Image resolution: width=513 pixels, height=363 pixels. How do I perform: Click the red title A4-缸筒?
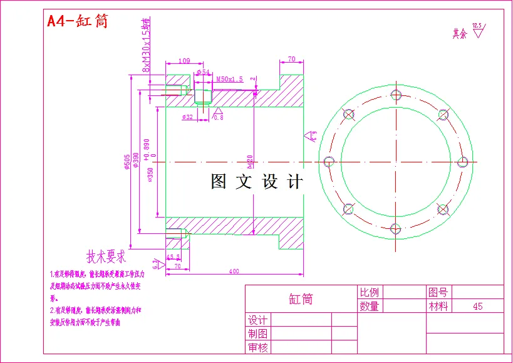pos(78,21)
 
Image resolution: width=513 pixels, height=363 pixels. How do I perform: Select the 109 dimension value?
pos(184,61)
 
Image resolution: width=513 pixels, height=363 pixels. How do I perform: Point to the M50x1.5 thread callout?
pos(229,80)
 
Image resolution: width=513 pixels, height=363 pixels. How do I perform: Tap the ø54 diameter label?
pos(203,73)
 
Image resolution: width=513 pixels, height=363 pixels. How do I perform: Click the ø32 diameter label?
pos(187,117)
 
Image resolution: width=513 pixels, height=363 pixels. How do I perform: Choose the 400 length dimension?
pos(234,271)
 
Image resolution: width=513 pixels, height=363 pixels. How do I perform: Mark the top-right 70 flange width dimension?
pos(291,59)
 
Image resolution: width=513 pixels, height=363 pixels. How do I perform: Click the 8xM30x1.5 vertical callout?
pos(147,44)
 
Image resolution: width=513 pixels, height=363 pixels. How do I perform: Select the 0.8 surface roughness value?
pos(219,118)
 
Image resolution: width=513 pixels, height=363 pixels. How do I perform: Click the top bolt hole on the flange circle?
pos(395,95)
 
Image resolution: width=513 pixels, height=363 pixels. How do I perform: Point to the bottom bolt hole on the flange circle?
pos(395,228)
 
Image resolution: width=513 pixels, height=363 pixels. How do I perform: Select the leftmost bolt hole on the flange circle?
pos(328,161)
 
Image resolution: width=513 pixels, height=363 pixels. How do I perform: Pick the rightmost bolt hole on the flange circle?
pos(462,161)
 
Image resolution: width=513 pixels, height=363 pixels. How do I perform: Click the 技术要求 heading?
pos(106,257)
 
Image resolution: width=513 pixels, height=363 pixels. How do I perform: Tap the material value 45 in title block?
pos(477,307)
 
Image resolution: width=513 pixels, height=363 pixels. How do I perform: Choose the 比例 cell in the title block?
pos(370,292)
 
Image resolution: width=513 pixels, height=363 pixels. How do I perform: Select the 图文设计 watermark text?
pos(257,182)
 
